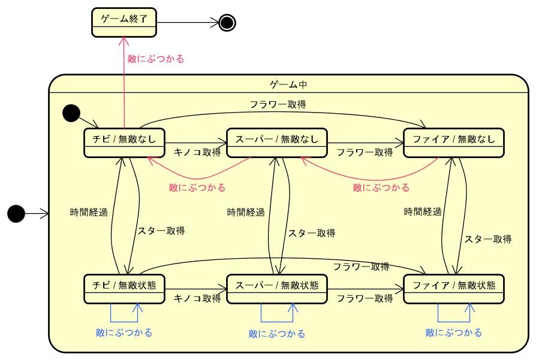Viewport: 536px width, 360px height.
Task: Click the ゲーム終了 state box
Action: pyautogui.click(x=124, y=23)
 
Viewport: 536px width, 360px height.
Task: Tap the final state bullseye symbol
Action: pyautogui.click(x=227, y=23)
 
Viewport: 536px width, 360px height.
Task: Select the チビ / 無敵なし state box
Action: pyautogui.click(x=124, y=143)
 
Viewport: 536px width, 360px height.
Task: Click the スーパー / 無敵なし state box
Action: pyautogui.click(x=276, y=143)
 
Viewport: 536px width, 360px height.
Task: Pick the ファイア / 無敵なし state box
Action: pyautogui.click(x=454, y=143)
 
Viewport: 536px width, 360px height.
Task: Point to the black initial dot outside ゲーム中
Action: pyautogui.click(x=16, y=213)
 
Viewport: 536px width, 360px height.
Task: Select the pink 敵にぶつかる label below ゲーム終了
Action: pyautogui.click(x=156, y=59)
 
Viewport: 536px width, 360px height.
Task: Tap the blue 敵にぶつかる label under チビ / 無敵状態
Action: pyautogui.click(x=124, y=332)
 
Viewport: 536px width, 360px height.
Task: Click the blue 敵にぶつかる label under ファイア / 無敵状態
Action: pyautogui.click(x=454, y=332)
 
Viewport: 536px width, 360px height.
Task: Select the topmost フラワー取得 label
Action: pyautogui.click(x=278, y=104)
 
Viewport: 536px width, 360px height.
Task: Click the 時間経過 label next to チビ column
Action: pyautogui.click(x=89, y=212)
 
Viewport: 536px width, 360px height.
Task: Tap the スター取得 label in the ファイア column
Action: pyautogui.click(x=488, y=239)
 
